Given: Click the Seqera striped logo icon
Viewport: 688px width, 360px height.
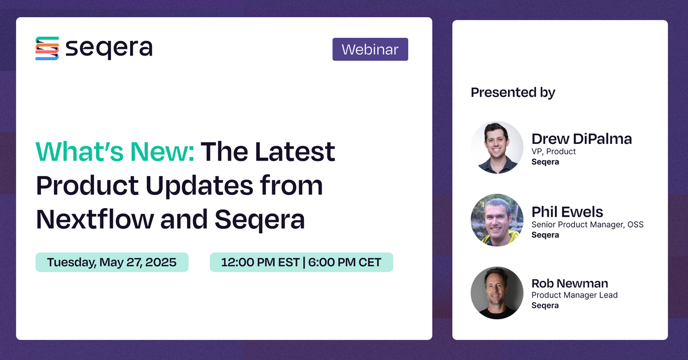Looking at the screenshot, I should (47, 49).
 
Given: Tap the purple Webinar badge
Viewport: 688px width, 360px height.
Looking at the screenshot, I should (370, 49).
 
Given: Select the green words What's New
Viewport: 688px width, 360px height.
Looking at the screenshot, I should (115, 151).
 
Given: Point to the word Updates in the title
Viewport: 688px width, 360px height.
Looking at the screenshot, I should (221, 185).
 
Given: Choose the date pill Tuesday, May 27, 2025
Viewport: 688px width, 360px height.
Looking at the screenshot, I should (112, 262).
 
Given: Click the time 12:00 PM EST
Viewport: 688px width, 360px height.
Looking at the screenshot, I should (260, 262).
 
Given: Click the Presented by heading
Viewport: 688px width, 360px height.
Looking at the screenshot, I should (513, 92).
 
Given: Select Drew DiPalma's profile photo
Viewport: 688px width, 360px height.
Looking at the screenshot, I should (497, 147).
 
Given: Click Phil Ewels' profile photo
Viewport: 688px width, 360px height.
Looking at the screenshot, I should (497, 220).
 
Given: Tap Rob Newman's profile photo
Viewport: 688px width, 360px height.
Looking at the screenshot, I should (497, 292).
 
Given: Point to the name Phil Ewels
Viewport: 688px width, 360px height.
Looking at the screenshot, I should (567, 212).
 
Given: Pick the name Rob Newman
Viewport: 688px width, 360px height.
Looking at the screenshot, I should (569, 283).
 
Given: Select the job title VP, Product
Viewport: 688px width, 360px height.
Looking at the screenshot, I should (553, 151).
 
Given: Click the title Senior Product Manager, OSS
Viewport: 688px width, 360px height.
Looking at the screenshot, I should (587, 224).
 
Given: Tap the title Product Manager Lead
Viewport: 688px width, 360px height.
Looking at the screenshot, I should (574, 295).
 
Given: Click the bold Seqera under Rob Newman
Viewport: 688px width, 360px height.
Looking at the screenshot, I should (545, 306).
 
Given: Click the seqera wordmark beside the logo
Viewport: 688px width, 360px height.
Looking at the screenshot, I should (108, 49).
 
